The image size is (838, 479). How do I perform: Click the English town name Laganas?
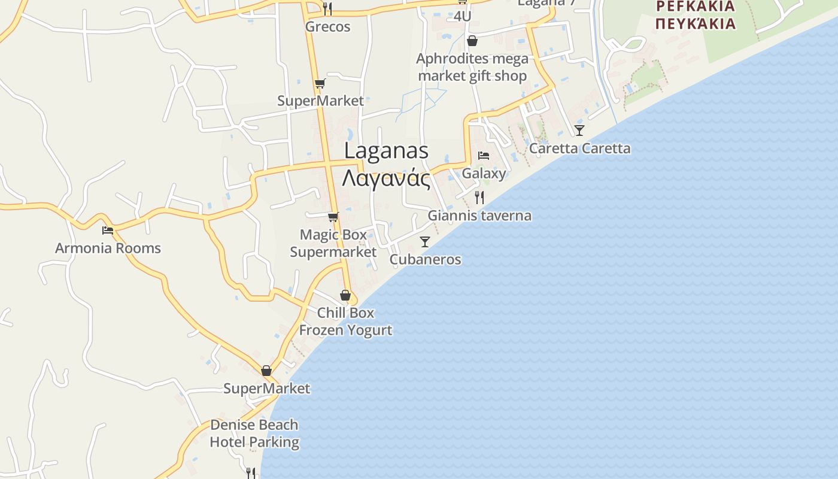pyautogui.click(x=386, y=151)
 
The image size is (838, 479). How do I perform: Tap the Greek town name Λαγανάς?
pyautogui.click(x=386, y=178)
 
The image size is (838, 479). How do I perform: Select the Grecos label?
pyautogui.click(x=327, y=27)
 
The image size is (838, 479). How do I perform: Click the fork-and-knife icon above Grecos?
pyautogui.click(x=327, y=8)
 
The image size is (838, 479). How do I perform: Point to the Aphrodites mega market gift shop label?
pyautogui.click(x=472, y=67)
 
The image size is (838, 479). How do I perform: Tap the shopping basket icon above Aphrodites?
pyautogui.click(x=472, y=41)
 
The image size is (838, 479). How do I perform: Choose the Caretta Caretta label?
pyautogui.click(x=579, y=148)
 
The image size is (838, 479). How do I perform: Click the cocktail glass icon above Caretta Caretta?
pyautogui.click(x=579, y=130)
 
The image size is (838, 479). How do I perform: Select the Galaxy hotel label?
pyautogui.click(x=484, y=174)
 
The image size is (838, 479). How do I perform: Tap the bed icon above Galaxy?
pyautogui.click(x=484, y=156)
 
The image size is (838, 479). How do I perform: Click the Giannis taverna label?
pyautogui.click(x=479, y=216)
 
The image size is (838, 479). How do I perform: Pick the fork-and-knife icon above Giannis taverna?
pyautogui.click(x=479, y=198)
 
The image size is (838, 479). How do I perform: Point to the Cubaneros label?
pyautogui.click(x=425, y=259)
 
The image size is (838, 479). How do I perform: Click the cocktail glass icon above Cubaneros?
pyautogui.click(x=425, y=242)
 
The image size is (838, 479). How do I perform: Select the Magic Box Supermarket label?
pyautogui.click(x=333, y=243)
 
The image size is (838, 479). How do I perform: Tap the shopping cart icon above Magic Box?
pyautogui.click(x=333, y=217)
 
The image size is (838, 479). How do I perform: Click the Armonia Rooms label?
pyautogui.click(x=108, y=248)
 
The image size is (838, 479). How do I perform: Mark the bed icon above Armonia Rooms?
pyautogui.click(x=108, y=230)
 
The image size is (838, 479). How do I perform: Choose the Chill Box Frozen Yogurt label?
pyautogui.click(x=345, y=321)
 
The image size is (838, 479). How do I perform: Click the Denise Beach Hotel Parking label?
pyautogui.click(x=254, y=433)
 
